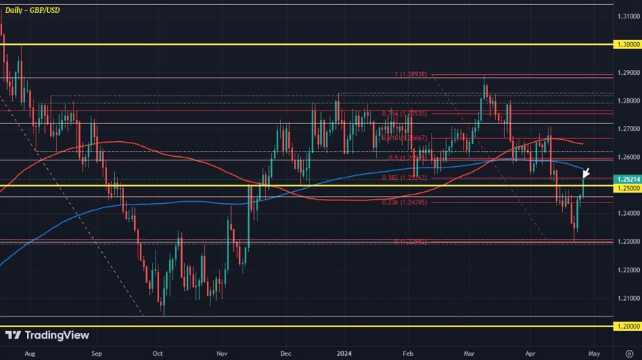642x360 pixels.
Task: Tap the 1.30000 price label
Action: point(628,44)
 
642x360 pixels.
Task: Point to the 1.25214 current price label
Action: point(628,180)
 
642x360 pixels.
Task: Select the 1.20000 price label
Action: point(628,326)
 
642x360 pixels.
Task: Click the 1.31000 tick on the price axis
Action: point(628,16)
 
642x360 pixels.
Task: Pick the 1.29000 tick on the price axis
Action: point(628,73)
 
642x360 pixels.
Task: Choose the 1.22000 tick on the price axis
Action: point(628,270)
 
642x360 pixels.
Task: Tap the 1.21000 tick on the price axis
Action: point(628,298)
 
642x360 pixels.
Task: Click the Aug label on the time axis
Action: point(29,353)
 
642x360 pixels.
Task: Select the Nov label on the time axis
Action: point(222,353)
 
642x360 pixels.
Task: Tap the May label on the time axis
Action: point(595,353)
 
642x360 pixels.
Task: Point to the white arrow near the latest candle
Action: point(586,172)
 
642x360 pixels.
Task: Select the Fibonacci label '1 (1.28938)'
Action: point(412,74)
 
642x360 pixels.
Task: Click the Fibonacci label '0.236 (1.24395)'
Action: point(404,202)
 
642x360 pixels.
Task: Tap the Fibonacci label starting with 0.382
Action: point(404,178)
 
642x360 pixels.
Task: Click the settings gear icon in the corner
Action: point(628,353)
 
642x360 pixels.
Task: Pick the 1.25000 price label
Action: point(628,188)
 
